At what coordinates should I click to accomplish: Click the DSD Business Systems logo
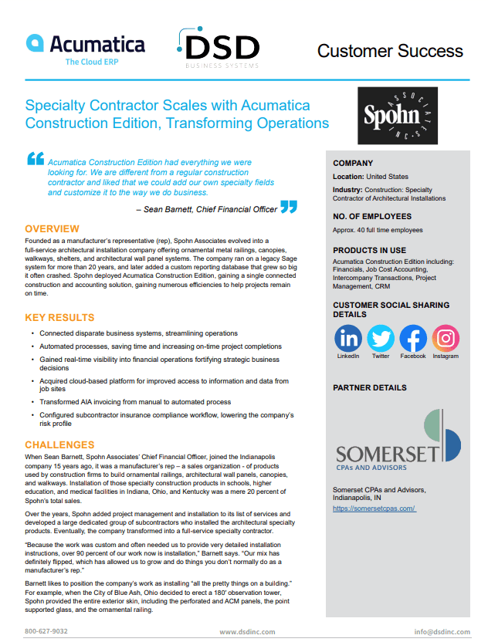coord(220,50)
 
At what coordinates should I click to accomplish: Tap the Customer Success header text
coord(390,52)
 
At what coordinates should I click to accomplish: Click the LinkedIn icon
coord(348,338)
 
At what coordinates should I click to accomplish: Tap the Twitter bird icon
coord(381,338)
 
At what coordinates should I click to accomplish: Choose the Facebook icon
coord(413,338)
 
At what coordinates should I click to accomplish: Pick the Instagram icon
coord(446,338)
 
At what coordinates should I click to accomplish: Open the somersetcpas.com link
coord(374,509)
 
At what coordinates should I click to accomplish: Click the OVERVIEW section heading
coord(52,229)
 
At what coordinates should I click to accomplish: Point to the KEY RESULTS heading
coord(59,317)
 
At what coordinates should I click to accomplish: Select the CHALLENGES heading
coord(59,445)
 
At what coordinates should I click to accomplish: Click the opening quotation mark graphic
coord(36,159)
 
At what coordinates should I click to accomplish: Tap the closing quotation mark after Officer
coord(288,207)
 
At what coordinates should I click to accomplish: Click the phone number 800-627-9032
coord(46,631)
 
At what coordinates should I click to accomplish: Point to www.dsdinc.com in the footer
coord(247,631)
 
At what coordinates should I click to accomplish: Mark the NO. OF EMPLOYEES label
coord(372,217)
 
